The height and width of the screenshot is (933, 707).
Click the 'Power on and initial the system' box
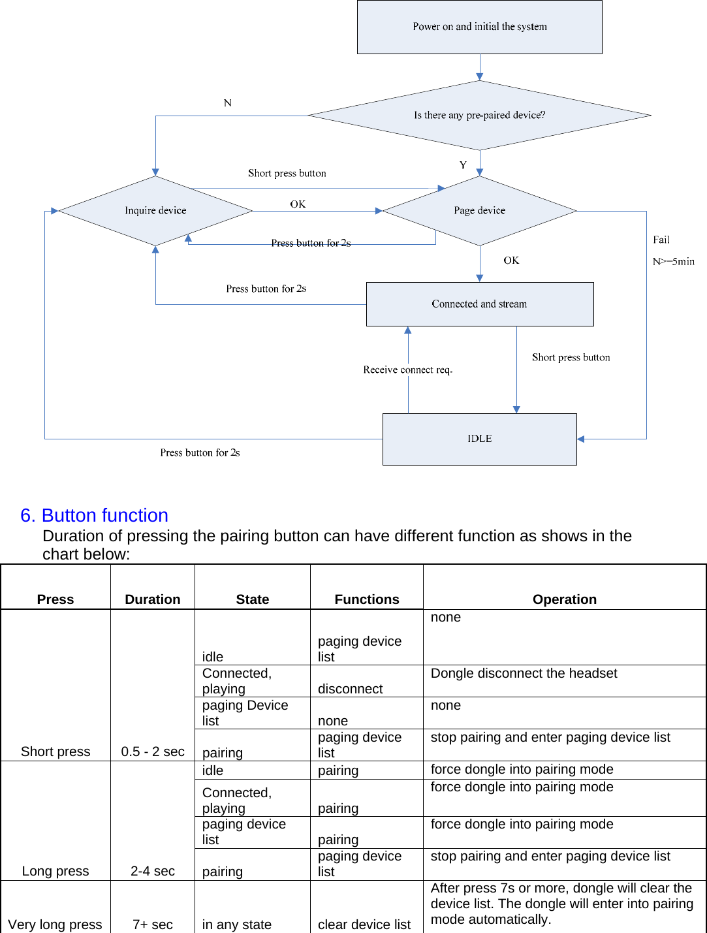479,27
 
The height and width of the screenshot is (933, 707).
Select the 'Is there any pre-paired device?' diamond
479,115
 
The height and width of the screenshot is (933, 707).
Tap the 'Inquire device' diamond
155,210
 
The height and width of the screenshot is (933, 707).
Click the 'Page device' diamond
479,210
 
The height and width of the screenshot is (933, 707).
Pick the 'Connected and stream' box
479,304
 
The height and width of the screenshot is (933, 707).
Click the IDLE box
479,439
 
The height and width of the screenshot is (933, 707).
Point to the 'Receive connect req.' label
407,370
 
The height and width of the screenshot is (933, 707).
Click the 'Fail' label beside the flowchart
661,240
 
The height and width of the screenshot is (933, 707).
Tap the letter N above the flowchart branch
227,103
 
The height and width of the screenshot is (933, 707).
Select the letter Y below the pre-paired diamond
463,165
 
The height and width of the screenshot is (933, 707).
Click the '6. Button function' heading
94,515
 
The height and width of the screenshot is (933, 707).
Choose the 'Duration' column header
152,599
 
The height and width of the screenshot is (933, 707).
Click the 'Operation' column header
564,599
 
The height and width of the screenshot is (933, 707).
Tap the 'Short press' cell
55,751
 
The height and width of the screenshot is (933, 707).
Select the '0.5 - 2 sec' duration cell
153,751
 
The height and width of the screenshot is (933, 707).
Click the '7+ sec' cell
153,925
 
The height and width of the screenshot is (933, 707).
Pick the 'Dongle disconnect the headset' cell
524,673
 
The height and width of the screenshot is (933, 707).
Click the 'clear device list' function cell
364,925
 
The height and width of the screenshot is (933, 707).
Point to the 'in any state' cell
236,925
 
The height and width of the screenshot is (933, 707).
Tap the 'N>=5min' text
673,261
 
